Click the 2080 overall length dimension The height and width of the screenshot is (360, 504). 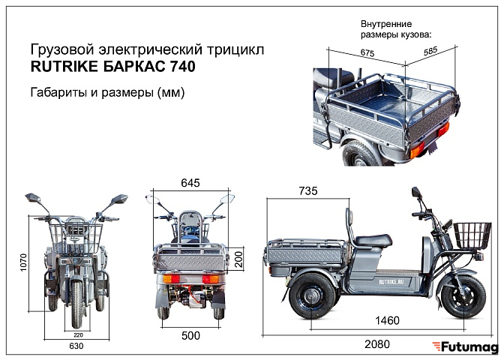pos(377,344)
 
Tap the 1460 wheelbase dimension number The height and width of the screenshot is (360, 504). pos(387,320)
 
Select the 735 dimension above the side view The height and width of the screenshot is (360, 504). pos(308,191)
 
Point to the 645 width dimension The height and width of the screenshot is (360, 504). pos(190,183)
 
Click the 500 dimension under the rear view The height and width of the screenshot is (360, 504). pos(190,336)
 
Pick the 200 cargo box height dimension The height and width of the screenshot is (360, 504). pos(238,259)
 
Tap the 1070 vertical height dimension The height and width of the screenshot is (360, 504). pos(23,262)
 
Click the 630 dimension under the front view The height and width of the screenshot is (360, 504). pos(76,346)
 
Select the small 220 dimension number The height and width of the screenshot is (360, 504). pos(78,335)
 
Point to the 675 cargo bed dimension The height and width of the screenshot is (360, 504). pos(367,52)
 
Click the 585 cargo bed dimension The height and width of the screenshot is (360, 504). pos(430,51)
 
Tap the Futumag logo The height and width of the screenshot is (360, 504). pos(465,347)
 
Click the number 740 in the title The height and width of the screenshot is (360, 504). pos(182,67)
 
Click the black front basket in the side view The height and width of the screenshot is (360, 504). pos(472,235)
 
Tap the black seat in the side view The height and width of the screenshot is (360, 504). pos(373,240)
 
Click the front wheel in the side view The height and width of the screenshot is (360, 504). pos(463,297)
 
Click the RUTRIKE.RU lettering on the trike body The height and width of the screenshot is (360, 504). pos(391,282)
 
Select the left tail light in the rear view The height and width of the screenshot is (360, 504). pos(171,278)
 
